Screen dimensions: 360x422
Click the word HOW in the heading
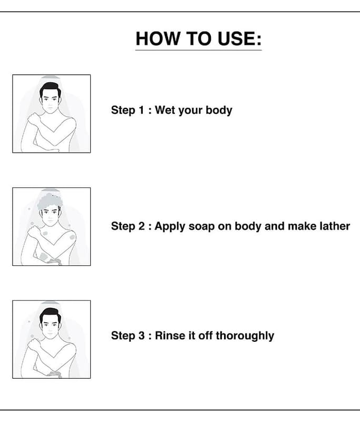(158, 39)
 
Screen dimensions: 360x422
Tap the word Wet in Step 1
(164, 110)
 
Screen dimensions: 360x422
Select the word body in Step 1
(219, 111)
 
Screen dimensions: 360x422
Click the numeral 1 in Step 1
(141, 110)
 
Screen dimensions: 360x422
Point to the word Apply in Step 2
(170, 227)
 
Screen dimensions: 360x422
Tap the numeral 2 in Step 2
(141, 226)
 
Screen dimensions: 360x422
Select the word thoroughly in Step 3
(245, 336)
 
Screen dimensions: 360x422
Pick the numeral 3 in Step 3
(141, 335)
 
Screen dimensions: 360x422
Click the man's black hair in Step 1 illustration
(50, 89)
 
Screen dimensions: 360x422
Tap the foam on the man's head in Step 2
(49, 201)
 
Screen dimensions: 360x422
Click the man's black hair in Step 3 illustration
(50, 315)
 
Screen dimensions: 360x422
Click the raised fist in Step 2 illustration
(33, 232)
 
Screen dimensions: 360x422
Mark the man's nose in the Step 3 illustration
(50, 330)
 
